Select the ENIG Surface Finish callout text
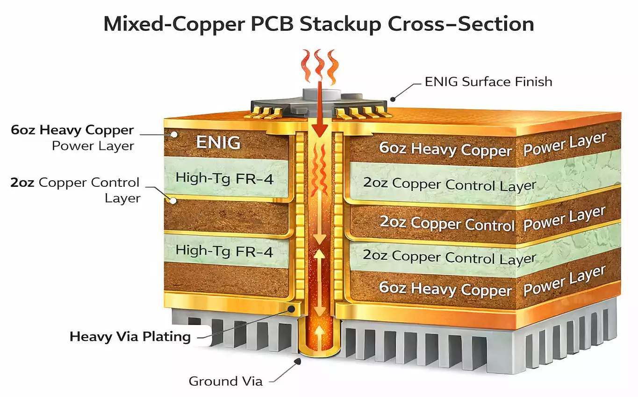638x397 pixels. (x=488, y=82)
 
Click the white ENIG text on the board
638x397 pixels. (x=218, y=142)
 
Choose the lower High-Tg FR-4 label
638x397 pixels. (x=224, y=251)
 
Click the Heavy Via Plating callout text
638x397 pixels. (x=130, y=337)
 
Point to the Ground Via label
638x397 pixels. (x=225, y=381)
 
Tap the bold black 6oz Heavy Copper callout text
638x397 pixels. (x=72, y=130)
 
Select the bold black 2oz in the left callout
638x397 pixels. (x=23, y=182)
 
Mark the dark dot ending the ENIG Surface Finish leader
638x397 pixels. (x=393, y=99)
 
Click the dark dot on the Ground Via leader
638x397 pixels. (x=298, y=361)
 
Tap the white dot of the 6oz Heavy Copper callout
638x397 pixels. (x=174, y=135)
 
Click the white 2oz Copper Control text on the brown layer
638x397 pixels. (x=447, y=223)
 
